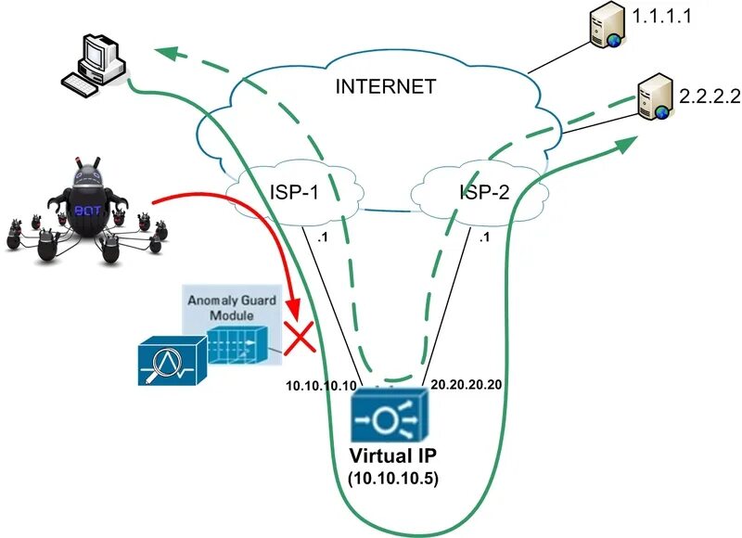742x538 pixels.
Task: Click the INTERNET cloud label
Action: (385, 88)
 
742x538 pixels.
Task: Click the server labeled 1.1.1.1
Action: (601, 29)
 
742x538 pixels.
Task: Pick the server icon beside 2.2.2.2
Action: (654, 98)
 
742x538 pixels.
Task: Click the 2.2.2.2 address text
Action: (708, 96)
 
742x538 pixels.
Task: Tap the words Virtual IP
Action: (390, 456)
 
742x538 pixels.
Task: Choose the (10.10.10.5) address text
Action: (390, 479)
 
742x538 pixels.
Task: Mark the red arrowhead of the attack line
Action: (294, 307)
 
